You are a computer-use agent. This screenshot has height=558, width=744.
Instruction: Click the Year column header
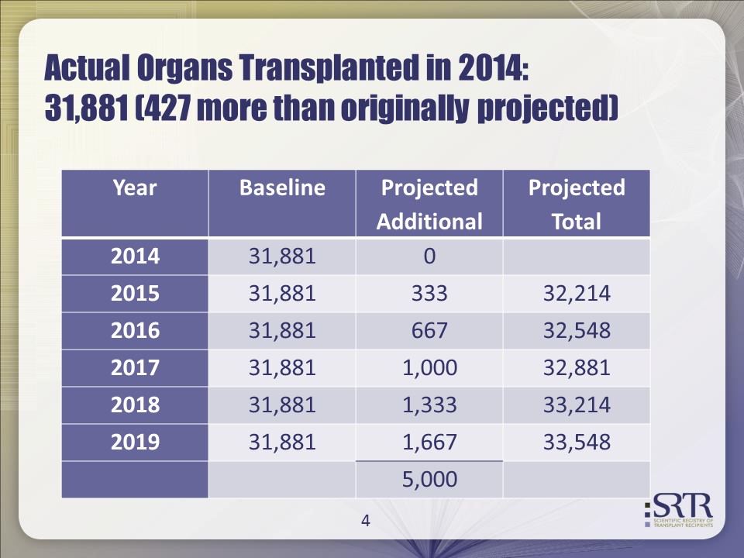[x=135, y=188]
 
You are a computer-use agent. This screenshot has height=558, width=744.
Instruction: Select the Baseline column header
[x=282, y=188]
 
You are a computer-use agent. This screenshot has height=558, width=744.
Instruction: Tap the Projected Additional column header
[x=429, y=205]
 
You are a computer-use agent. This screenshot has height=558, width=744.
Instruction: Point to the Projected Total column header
[x=577, y=205]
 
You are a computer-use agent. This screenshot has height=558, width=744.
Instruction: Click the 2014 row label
[x=135, y=257]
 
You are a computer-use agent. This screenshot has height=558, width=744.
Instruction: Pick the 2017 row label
[x=135, y=368]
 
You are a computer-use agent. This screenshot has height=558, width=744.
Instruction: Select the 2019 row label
[x=135, y=443]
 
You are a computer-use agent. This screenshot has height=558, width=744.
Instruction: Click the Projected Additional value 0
[x=429, y=257]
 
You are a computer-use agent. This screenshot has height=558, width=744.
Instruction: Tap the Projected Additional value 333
[x=429, y=294]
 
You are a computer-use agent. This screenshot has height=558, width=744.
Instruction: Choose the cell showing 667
[x=429, y=331]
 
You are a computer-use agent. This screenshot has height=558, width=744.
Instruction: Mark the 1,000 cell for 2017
[x=429, y=368]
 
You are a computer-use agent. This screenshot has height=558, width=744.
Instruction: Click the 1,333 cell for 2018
[x=429, y=405]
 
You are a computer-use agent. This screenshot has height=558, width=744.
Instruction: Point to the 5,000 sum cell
[x=429, y=480]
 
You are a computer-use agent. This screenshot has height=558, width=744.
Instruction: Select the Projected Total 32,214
[x=577, y=294]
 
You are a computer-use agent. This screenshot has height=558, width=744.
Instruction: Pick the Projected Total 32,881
[x=577, y=368]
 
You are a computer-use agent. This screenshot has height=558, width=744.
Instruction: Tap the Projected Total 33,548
[x=577, y=443]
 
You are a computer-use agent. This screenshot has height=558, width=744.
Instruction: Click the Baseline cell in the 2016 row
[x=282, y=331]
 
